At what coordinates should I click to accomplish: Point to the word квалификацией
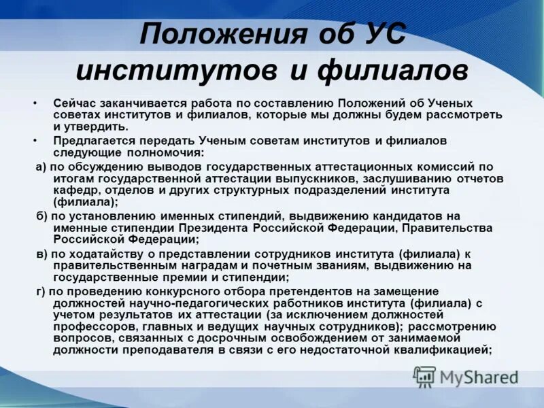[x=442, y=350]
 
